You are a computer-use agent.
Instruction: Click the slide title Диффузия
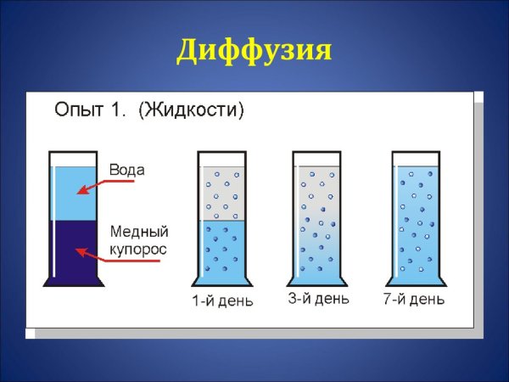tap(253, 50)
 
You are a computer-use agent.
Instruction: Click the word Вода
tap(126, 170)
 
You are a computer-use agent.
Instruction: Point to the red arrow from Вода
tap(93, 187)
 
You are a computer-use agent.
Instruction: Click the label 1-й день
tap(222, 301)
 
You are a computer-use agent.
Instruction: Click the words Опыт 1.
tap(90, 110)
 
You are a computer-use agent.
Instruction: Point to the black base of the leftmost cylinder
tap(74, 282)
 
